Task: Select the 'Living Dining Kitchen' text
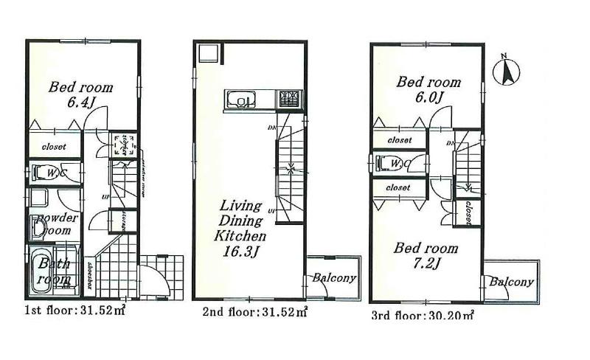pos(240,221)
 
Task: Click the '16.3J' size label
pos(240,252)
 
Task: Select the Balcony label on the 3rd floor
pos(510,282)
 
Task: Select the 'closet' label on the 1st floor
pos(53,147)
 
